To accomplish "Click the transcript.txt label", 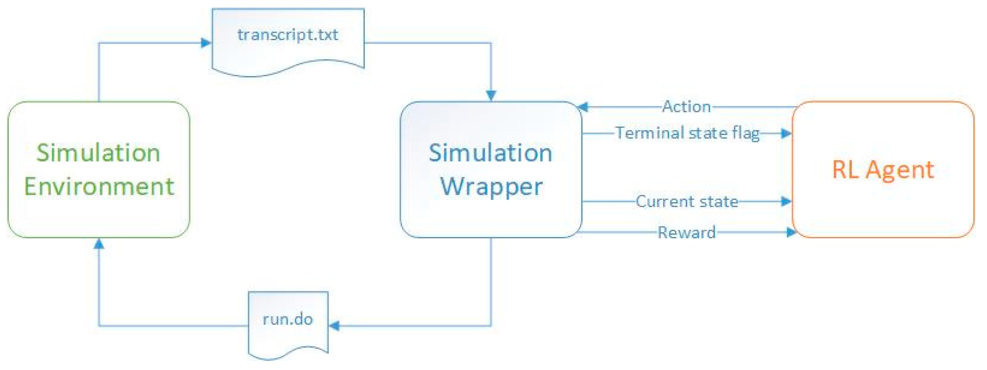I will coord(288,35).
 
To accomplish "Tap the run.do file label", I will coord(288,319).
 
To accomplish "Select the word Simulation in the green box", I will coord(98,153).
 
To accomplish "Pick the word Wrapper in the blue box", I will coord(491,187).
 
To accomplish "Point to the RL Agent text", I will coord(883,170).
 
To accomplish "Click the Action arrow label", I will coord(687,107).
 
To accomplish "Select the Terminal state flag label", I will coord(688,133).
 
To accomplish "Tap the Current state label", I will coord(687,202).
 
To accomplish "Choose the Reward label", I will coord(687,232).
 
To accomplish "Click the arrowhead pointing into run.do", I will coord(334,326).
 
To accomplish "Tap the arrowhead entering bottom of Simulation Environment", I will coord(99,243).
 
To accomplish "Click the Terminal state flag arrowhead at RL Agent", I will coord(786,133).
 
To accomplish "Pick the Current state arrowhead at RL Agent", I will coord(786,201).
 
